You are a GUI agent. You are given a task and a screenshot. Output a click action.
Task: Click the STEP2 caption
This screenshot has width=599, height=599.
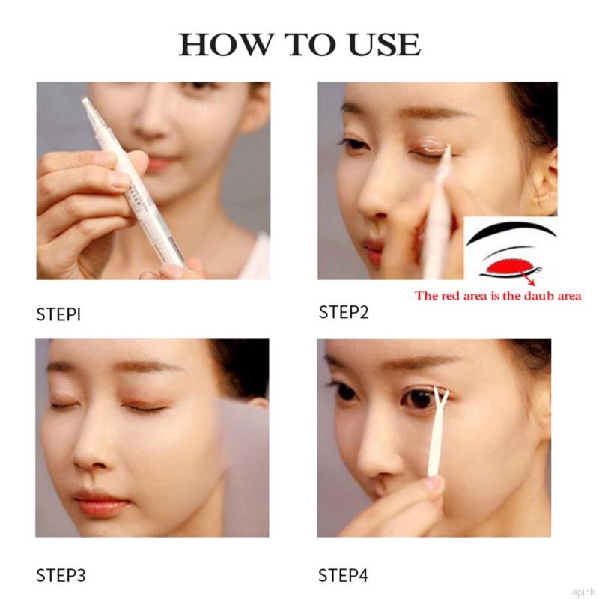(x=344, y=312)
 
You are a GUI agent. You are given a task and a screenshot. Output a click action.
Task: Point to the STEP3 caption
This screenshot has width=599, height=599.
(x=61, y=575)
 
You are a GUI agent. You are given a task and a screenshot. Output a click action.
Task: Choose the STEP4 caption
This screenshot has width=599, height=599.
(x=344, y=575)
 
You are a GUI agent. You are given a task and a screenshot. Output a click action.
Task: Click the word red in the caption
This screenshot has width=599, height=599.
(x=451, y=296)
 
